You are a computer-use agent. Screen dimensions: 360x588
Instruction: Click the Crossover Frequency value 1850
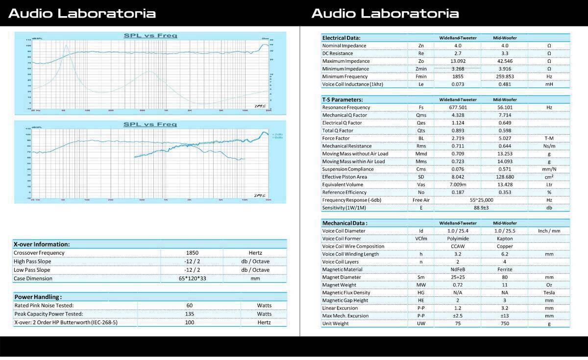pyautogui.click(x=192, y=253)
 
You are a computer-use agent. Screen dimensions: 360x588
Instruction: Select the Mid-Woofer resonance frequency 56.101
pyautogui.click(x=505, y=107)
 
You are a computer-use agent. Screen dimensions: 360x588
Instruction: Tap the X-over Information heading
pyautogui.click(x=42, y=244)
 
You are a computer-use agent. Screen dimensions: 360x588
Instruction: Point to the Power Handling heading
pyautogui.click(x=38, y=297)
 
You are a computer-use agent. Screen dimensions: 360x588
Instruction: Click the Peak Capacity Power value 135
pyautogui.click(x=190, y=314)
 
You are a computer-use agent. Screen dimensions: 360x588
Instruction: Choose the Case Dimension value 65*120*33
pyautogui.click(x=192, y=279)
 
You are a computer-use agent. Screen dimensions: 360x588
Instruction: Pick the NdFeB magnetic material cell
pyautogui.click(x=458, y=269)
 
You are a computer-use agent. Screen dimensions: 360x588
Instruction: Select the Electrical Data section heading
pyautogui.click(x=341, y=38)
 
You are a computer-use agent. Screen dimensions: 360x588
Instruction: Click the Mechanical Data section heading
pyautogui.click(x=344, y=223)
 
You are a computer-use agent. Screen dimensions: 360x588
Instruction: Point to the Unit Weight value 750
pyautogui.click(x=505, y=324)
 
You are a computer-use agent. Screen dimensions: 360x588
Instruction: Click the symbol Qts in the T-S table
pyautogui.click(x=421, y=131)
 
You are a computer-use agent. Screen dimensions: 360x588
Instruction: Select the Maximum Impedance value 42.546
pyautogui.click(x=505, y=61)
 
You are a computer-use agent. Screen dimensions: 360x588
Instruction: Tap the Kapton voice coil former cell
pyautogui.click(x=505, y=239)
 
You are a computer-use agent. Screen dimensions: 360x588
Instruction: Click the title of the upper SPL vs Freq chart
pyautogui.click(x=150, y=35)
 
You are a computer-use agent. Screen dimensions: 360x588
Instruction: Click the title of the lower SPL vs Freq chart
pyautogui.click(x=150, y=124)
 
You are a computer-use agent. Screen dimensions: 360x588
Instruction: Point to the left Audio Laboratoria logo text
pyautogui.click(x=82, y=13)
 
